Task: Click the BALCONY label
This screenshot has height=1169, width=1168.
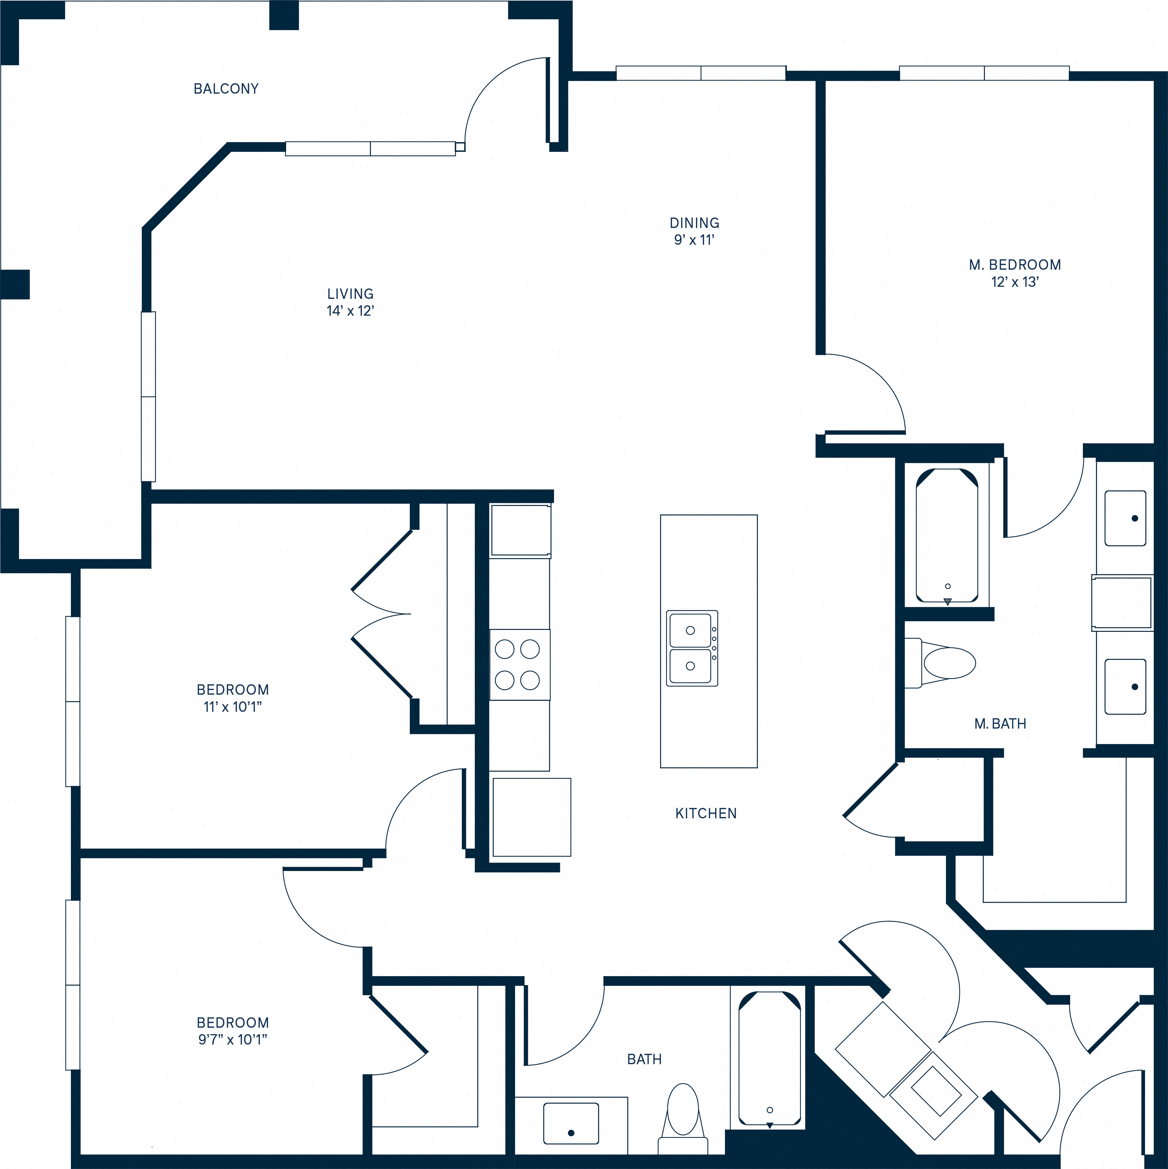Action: (226, 89)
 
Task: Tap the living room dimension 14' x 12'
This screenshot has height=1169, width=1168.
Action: (350, 311)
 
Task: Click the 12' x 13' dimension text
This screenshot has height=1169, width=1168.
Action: (1014, 282)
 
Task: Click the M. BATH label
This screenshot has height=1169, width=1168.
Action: (1000, 724)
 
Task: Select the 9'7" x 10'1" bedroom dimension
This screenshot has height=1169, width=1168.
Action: (232, 1039)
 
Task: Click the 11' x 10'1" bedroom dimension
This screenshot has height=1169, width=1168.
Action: (232, 707)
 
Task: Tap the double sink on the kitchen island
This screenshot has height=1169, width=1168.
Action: (691, 648)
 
